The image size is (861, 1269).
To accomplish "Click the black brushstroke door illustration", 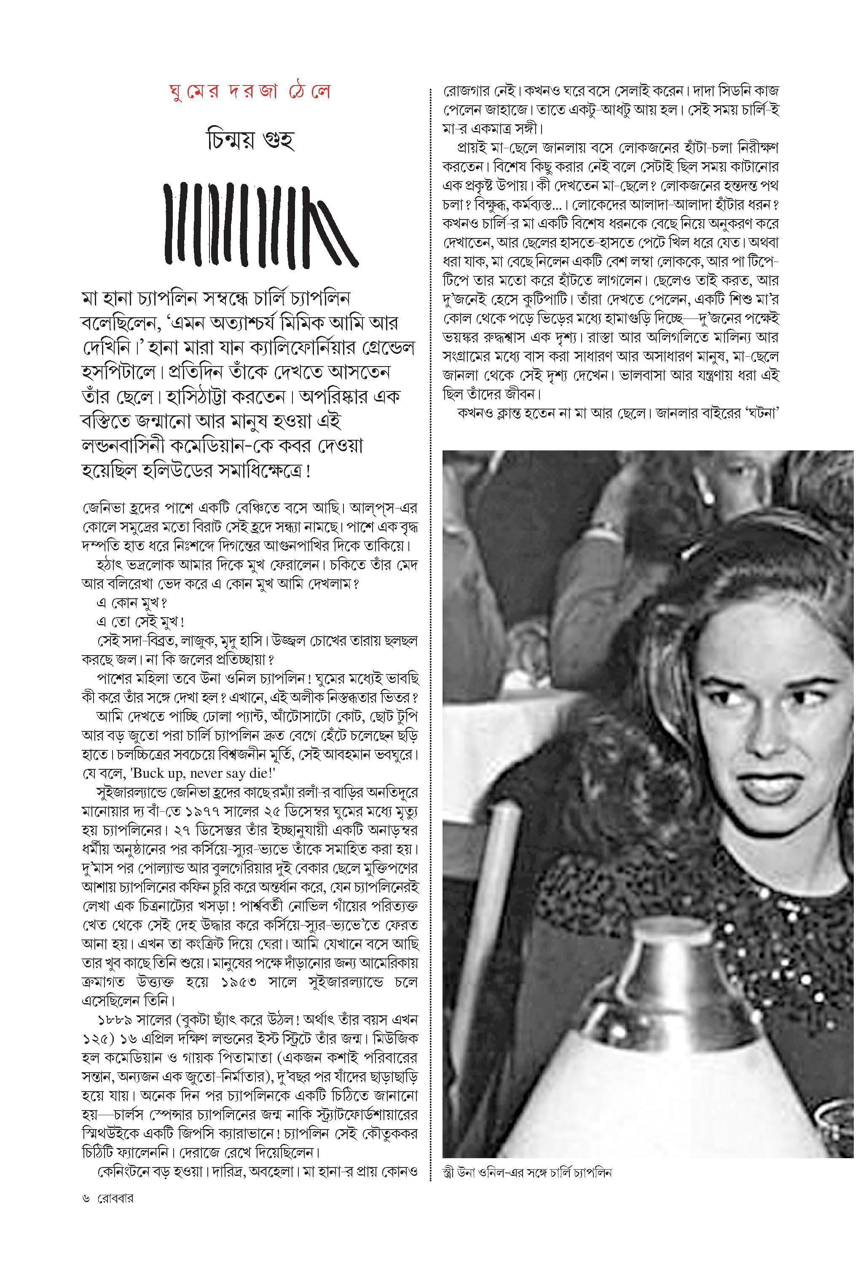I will tap(261, 225).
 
